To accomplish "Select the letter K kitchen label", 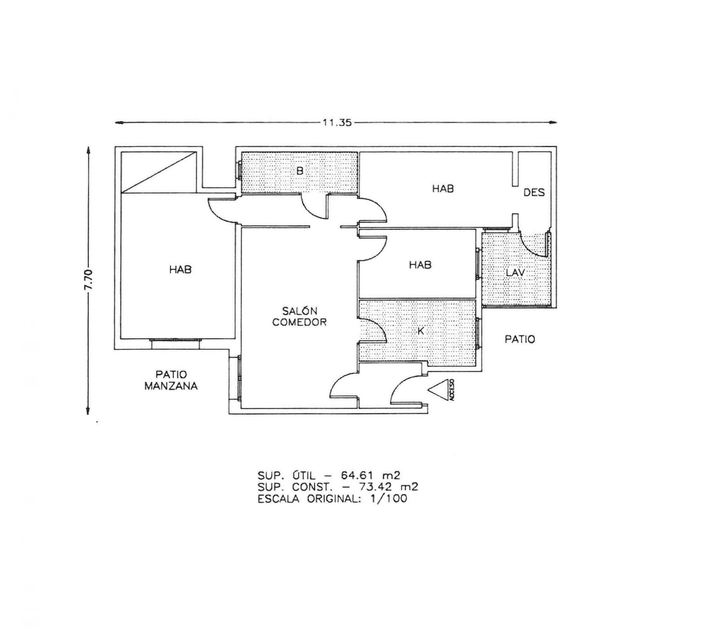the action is point(420,331).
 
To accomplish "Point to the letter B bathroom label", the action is point(300,171).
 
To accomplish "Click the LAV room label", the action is point(516,273).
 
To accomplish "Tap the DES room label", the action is point(534,193).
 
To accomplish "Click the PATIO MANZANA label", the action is point(171,381).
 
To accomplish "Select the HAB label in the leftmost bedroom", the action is point(181,270).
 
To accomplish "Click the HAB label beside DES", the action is point(443,189).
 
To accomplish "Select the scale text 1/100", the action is point(388,499).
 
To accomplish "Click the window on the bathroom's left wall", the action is point(239,171).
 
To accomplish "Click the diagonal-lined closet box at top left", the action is point(159,171).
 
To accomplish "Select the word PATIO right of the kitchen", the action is point(520,339).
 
